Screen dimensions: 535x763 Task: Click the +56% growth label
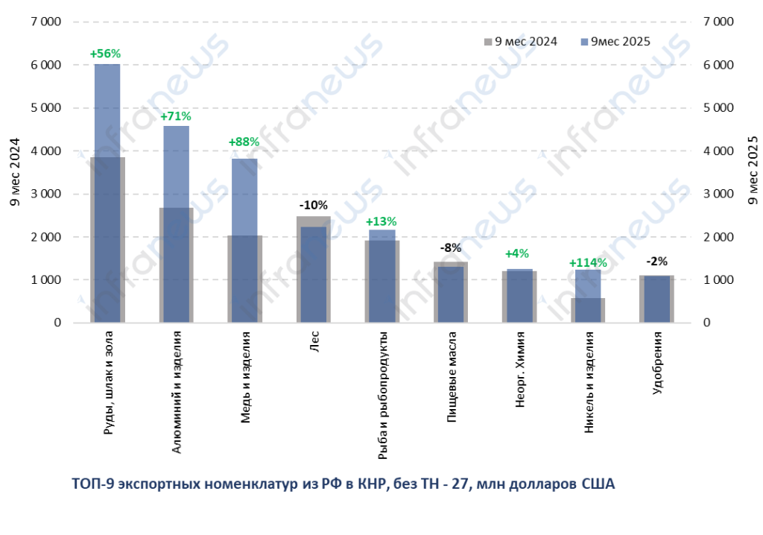click(105, 54)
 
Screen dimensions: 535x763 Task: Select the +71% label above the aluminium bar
click(176, 116)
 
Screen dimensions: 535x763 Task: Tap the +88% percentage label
click(244, 142)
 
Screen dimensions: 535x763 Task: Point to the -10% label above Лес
click(313, 205)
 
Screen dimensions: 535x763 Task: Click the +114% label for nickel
click(588, 263)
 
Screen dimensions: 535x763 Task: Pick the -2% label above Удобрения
click(656, 262)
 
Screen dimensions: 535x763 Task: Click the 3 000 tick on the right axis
click(718, 194)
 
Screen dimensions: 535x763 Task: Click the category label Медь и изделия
click(245, 378)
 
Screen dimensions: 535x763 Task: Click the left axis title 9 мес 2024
click(15, 173)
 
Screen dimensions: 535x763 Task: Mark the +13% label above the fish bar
click(381, 221)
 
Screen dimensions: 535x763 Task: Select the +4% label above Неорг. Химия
click(519, 254)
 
